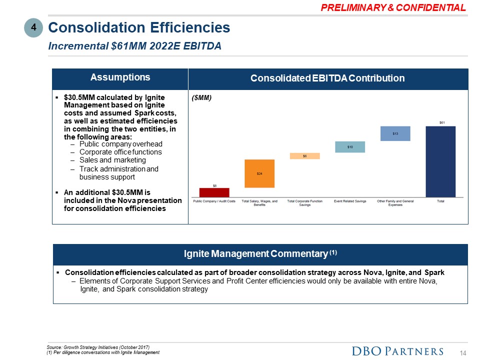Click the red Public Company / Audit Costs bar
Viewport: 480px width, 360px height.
click(214, 192)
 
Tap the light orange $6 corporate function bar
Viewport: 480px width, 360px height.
click(304, 156)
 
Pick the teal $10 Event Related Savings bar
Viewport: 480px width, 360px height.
click(350, 146)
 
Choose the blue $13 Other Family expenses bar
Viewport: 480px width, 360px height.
click(395, 133)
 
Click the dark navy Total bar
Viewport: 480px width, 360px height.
click(440, 161)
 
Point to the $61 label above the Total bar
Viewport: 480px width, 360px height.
click(441, 122)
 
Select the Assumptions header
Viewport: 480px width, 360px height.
click(120, 77)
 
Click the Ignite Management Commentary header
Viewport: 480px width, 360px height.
click(260, 254)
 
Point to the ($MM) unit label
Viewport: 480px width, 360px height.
click(202, 98)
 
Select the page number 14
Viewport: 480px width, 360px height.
click(463, 353)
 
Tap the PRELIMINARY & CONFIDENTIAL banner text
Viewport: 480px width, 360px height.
click(393, 7)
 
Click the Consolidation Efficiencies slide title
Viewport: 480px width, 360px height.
click(139, 27)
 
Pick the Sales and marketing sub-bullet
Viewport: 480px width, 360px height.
click(112, 160)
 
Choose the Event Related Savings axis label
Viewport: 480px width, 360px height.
click(350, 201)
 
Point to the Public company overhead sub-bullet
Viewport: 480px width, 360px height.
click(120, 144)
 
